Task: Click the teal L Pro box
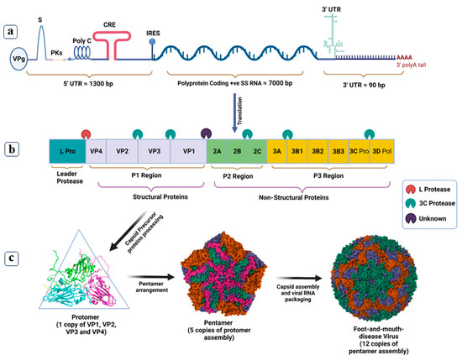[68, 150]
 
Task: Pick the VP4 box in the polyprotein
[97, 150]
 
